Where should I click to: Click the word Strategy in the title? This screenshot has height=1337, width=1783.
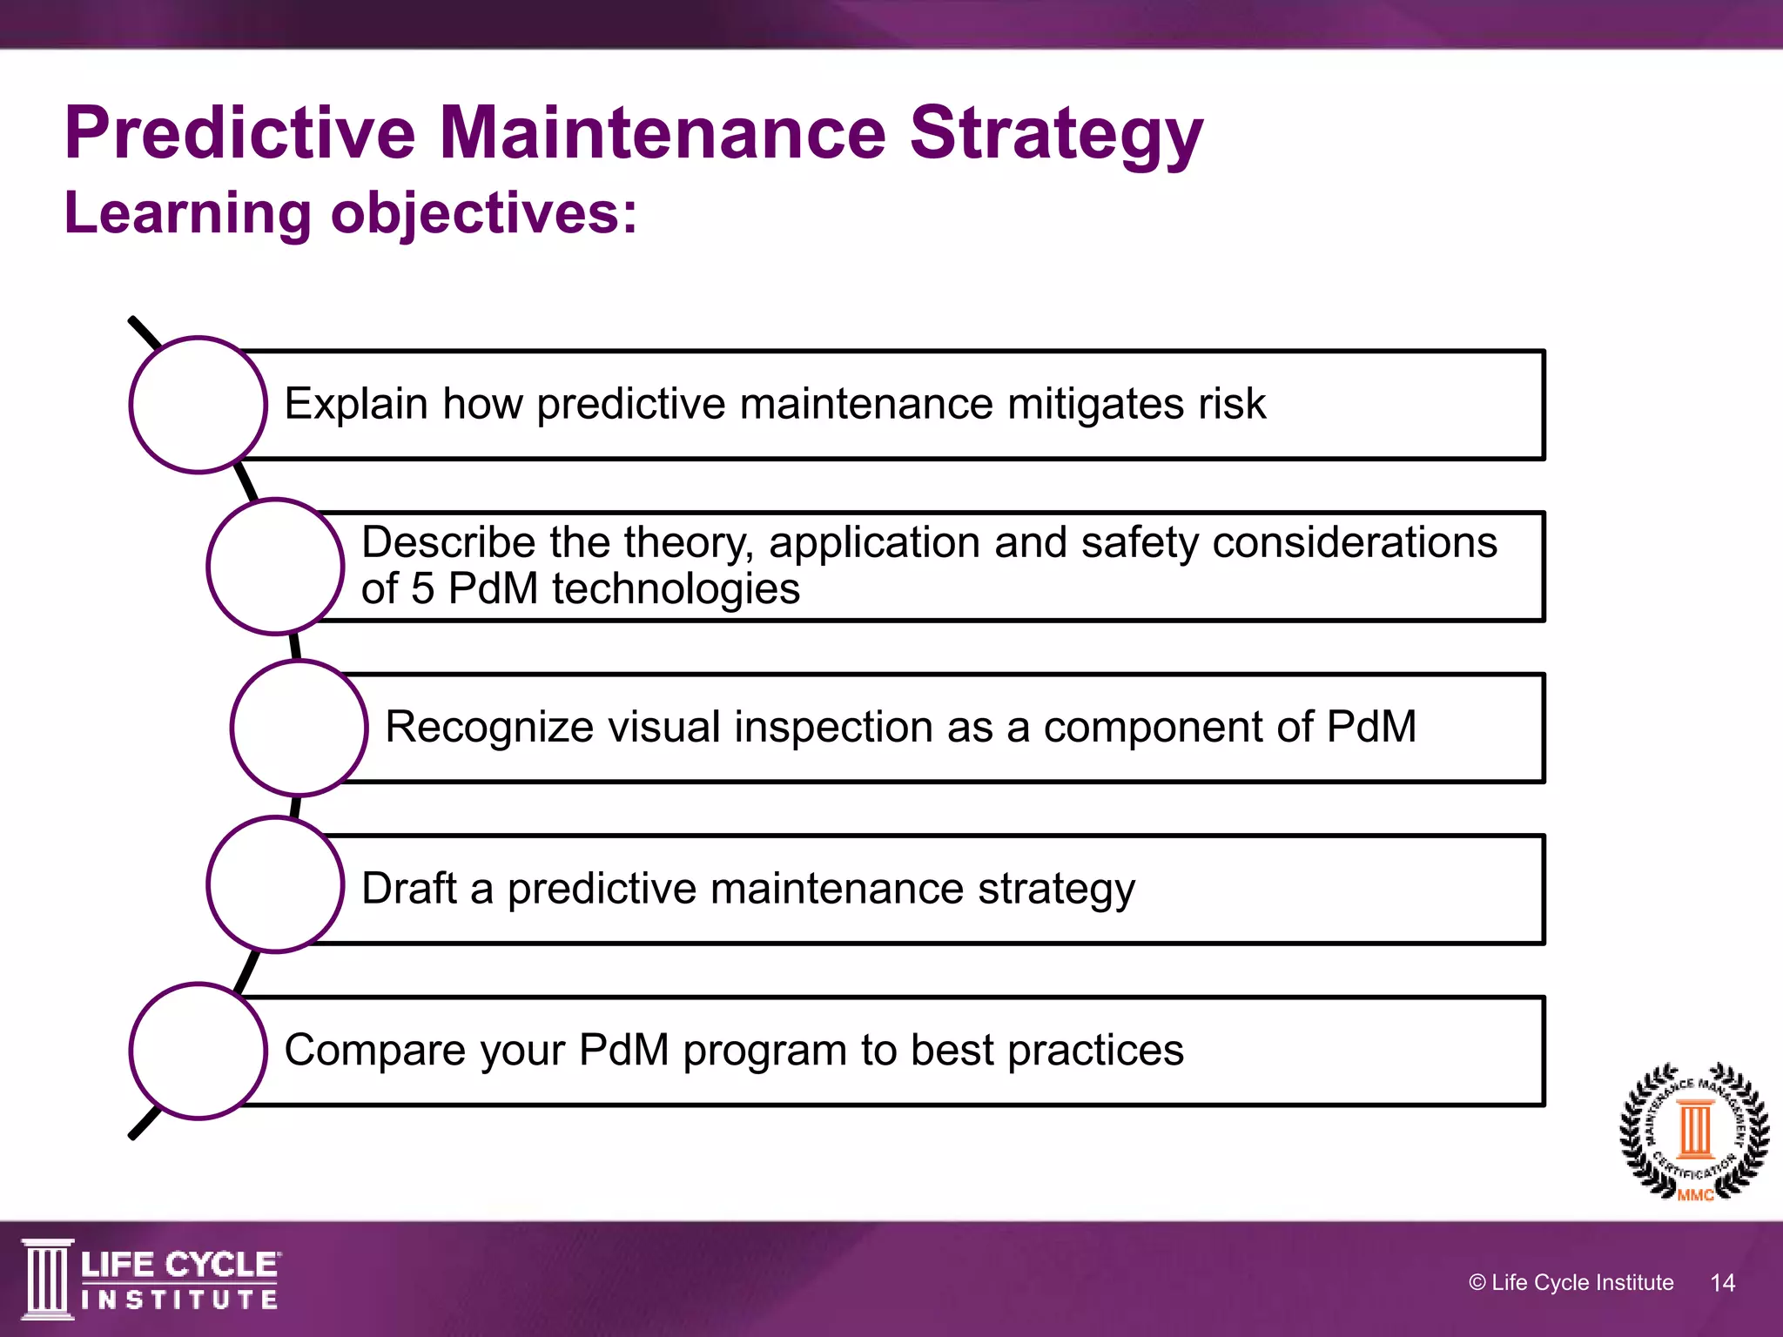click(1055, 135)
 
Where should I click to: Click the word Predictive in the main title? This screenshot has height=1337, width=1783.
click(240, 133)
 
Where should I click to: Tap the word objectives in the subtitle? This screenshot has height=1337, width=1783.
click(483, 214)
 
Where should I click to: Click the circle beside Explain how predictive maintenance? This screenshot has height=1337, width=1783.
click(198, 405)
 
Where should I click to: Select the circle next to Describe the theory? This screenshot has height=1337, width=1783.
click(276, 567)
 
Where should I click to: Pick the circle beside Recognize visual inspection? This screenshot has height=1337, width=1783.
click(299, 728)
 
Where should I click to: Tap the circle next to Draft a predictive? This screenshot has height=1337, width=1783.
click(276, 884)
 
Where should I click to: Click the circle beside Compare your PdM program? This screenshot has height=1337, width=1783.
click(198, 1051)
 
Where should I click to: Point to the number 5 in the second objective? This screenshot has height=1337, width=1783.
click(422, 589)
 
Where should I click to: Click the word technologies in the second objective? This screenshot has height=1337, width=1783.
click(676, 589)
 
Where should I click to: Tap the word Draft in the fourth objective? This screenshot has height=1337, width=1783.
click(408, 889)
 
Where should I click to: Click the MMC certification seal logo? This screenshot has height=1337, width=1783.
click(1693, 1132)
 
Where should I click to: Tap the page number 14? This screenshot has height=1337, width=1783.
click(1722, 1282)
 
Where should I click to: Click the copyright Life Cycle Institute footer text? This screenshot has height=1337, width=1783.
click(1571, 1282)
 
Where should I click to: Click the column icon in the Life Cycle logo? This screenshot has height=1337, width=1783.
click(47, 1279)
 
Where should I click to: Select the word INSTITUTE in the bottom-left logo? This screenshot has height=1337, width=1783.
click(179, 1300)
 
